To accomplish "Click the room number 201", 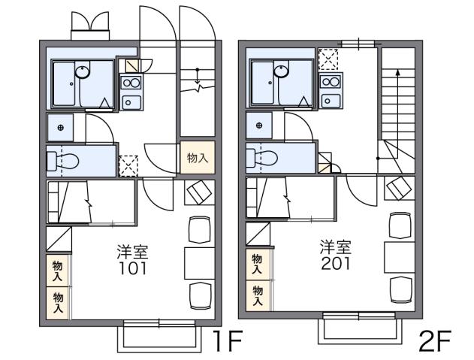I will pos(334,264).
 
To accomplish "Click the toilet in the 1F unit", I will pos(65,160).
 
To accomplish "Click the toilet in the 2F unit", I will pos(264,158).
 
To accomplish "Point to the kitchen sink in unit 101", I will pos(131,101).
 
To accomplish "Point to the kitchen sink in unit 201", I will pos(330,99).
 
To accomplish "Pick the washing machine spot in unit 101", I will pos(129,165).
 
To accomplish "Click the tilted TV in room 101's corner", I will pos(198,193).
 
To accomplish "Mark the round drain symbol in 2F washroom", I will pos(259,125).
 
